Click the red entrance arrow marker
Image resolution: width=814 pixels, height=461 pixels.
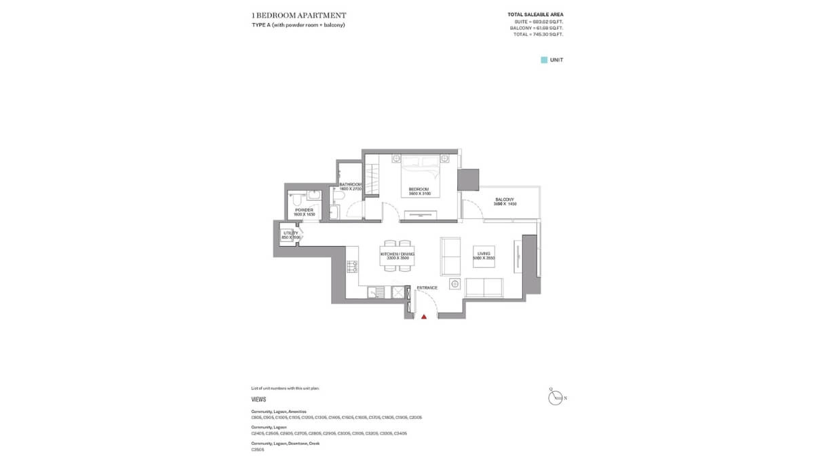[424, 316]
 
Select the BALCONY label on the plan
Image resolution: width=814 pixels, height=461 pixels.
[505, 199]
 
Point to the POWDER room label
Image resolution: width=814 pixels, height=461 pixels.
[304, 210]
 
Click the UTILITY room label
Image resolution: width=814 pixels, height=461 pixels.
[290, 233]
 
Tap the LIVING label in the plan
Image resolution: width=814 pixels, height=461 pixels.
[484, 254]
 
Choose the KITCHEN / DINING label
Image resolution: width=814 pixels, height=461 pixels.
[397, 254]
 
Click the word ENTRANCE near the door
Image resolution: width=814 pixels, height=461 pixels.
[427, 288]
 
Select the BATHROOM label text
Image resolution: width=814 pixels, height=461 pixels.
[350, 184]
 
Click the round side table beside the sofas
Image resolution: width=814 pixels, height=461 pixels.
[454, 283]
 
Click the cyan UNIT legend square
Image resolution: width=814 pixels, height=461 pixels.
[543, 60]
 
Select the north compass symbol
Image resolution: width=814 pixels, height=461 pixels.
[556, 397]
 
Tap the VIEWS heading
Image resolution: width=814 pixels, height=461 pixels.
[258, 400]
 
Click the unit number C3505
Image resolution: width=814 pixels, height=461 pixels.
[257, 449]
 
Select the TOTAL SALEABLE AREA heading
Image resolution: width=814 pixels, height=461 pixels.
[535, 14]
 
